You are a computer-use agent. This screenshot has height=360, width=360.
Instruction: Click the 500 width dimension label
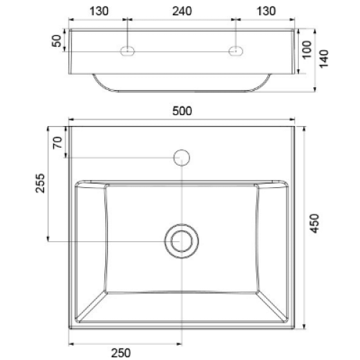182,111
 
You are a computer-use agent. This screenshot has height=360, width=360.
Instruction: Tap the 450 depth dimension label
315,223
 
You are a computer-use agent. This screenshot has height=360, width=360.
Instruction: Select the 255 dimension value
40,183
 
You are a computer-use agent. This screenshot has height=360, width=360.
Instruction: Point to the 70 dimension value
58,143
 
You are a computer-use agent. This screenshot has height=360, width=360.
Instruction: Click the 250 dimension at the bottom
121,353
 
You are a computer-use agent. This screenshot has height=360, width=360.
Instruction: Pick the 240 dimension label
182,12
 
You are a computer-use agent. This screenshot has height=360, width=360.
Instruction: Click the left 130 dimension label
99,12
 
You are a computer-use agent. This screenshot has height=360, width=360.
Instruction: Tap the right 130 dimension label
266,12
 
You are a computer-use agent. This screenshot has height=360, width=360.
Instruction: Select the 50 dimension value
57,41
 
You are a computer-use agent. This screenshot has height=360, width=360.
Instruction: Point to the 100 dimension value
307,50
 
